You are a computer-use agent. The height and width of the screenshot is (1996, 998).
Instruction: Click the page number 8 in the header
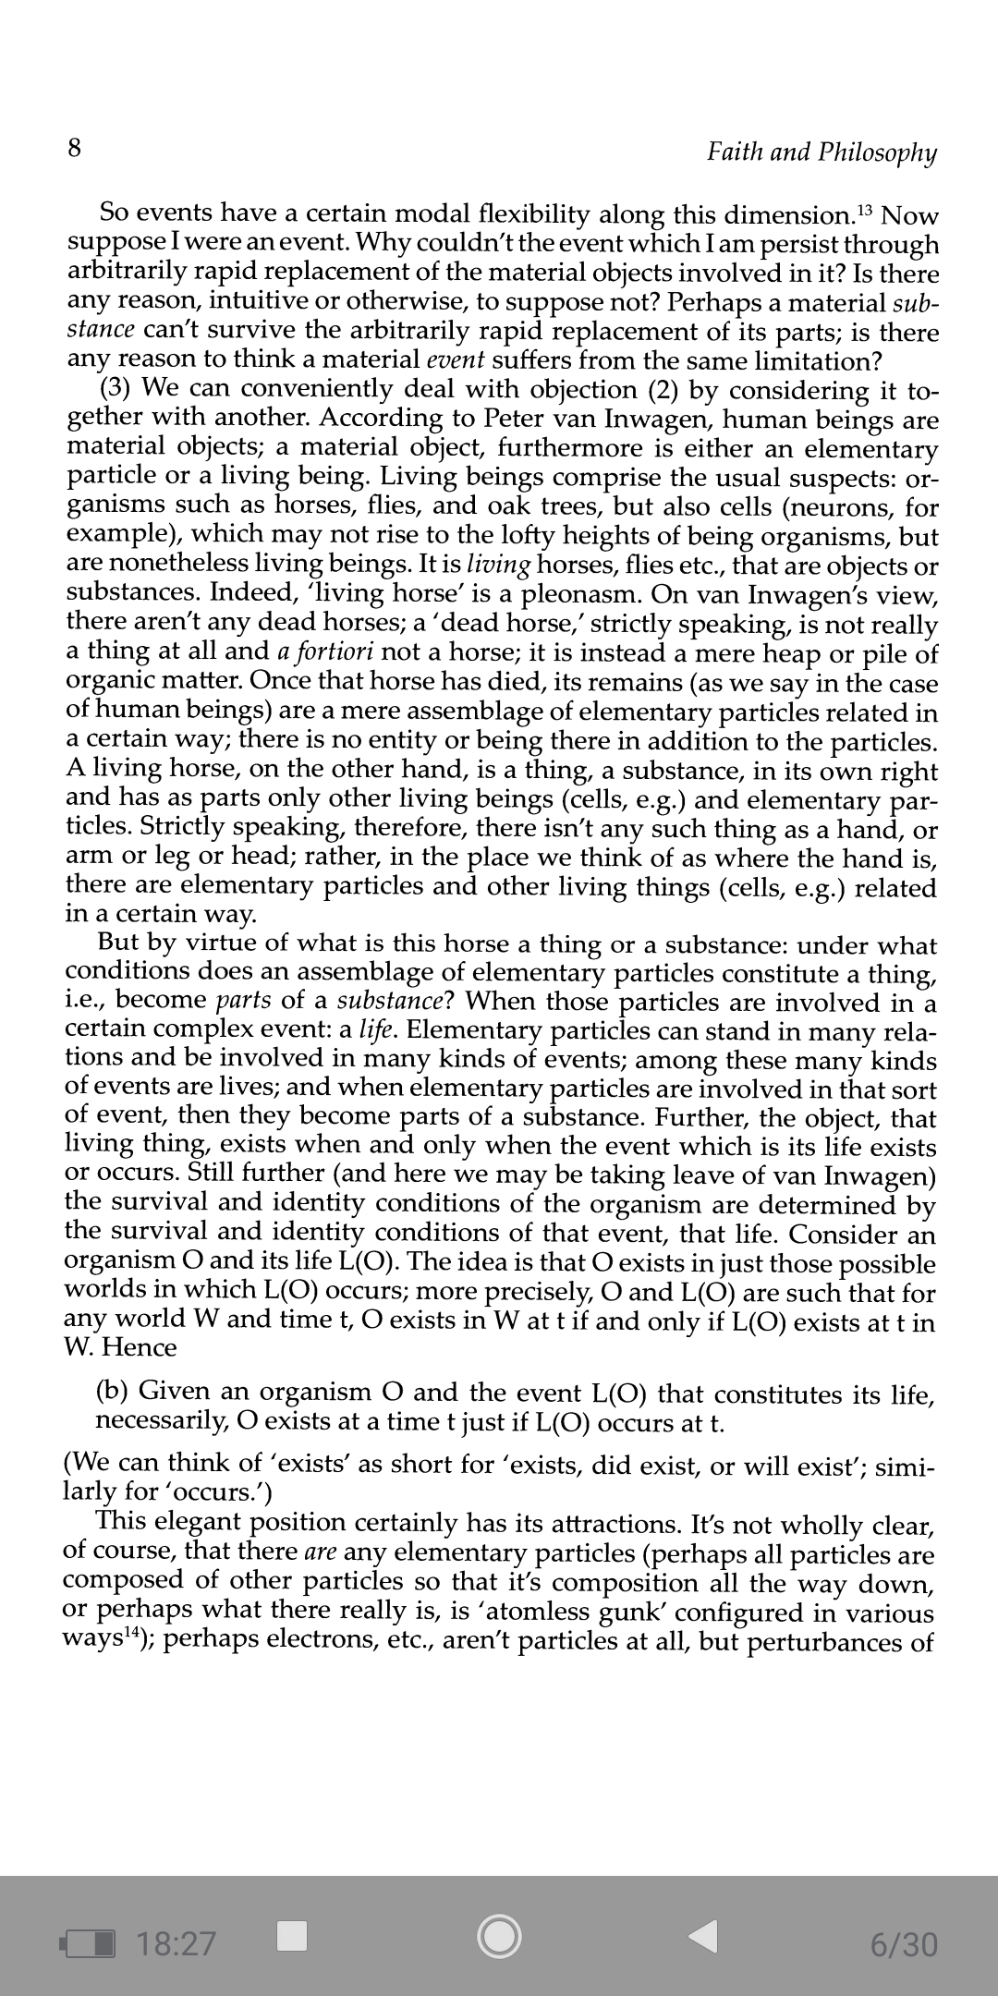click(75, 148)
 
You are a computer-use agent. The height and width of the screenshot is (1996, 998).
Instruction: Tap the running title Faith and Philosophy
click(822, 152)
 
